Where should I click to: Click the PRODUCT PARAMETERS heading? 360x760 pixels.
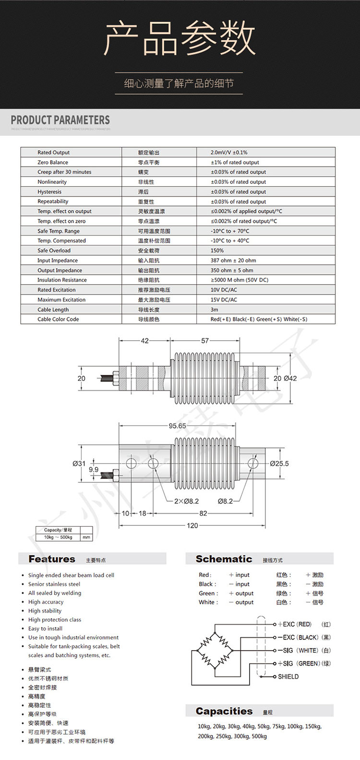pos(60,120)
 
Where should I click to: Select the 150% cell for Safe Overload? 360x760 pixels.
pos(217,250)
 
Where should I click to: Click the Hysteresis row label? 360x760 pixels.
pos(49,192)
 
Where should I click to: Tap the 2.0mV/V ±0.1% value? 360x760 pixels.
pos(229,153)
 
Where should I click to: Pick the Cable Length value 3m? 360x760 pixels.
pos(214,309)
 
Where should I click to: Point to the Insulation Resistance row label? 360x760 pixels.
pos(62,280)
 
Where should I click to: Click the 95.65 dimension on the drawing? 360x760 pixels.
pos(177,426)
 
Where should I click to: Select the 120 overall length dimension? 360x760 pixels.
pos(192,525)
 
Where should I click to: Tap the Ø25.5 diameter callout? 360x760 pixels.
pos(279,463)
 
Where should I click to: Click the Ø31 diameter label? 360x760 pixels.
pos(79,463)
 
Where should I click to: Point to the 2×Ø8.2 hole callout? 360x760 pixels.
pos(186,501)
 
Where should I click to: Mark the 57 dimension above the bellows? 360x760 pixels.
pos(205,341)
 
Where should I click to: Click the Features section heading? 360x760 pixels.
pos(52,559)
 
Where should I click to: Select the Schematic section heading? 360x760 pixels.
pos(224,559)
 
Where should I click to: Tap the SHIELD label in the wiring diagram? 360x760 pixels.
pos(288,677)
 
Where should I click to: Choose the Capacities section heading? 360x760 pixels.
pos(224,711)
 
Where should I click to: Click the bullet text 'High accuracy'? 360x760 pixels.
pos(46,602)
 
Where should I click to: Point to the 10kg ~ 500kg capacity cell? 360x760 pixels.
pos(58,537)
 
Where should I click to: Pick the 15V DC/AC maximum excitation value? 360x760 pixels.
pos(224,300)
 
